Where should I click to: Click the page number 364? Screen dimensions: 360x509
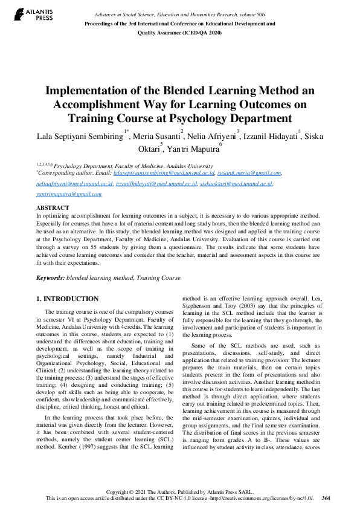point(326,498)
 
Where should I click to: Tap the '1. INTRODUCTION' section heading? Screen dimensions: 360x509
point(67,299)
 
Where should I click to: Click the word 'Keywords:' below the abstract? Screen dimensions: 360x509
point(50,277)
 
